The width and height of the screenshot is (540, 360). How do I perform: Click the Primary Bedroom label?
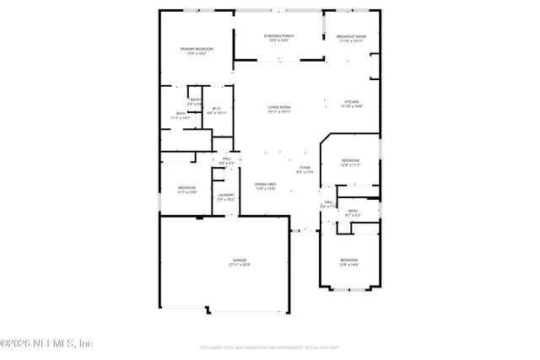click(x=197, y=49)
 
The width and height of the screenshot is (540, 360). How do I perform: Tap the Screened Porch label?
click(x=278, y=36)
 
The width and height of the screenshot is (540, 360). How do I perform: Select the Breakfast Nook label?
click(x=351, y=36)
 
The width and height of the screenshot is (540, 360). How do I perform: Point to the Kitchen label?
click(x=351, y=101)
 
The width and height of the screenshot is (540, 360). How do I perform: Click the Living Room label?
click(x=279, y=107)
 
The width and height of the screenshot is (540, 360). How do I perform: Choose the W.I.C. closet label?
click(x=217, y=108)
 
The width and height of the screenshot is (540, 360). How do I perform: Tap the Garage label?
click(x=240, y=260)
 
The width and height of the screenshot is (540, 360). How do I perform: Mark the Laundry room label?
click(x=225, y=195)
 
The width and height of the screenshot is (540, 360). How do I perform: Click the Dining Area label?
click(x=266, y=184)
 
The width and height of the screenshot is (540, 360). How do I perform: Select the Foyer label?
click(x=305, y=167)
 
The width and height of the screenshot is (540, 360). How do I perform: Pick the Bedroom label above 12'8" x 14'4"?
click(x=348, y=260)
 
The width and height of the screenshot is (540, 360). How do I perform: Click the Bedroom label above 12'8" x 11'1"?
click(x=350, y=160)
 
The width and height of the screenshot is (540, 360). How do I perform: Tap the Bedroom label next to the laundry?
click(x=186, y=187)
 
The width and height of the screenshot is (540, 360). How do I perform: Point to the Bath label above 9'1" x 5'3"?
click(x=353, y=211)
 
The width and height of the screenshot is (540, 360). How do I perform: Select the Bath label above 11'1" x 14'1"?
click(x=181, y=113)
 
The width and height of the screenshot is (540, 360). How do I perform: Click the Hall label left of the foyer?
click(x=227, y=159)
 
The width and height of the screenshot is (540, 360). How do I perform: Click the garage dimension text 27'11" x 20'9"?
click(x=240, y=265)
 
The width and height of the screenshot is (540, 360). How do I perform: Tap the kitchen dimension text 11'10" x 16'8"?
click(x=351, y=106)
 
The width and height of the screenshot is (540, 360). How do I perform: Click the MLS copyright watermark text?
click(x=46, y=344)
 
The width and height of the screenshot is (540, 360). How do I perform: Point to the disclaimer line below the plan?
click(x=269, y=347)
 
